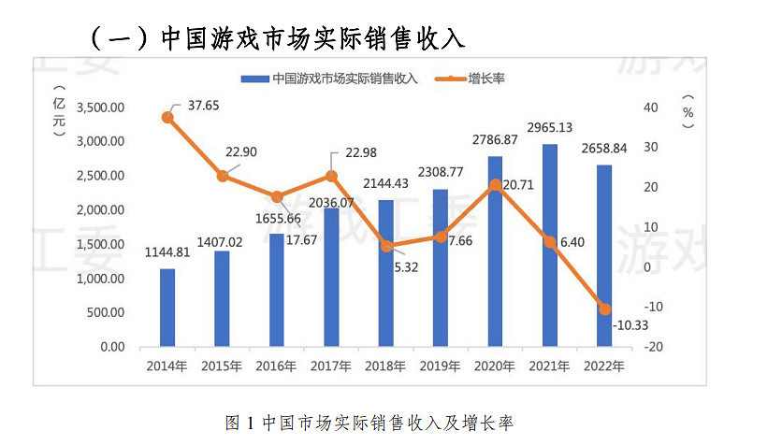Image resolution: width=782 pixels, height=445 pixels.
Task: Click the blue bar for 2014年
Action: click(167, 308)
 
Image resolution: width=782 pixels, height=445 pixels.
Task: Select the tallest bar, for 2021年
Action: click(549, 245)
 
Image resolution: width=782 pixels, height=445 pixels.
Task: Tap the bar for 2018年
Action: click(385, 273)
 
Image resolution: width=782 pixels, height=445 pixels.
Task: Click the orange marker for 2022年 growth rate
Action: click(604, 309)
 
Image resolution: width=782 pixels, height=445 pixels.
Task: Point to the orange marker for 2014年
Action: click(167, 118)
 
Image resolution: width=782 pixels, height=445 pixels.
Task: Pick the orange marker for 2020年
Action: click(495, 185)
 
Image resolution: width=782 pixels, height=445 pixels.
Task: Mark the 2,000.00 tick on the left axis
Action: click(99, 210)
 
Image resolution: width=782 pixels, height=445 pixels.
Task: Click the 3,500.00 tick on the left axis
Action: click(99, 108)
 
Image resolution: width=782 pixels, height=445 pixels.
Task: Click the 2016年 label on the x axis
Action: click(276, 366)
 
